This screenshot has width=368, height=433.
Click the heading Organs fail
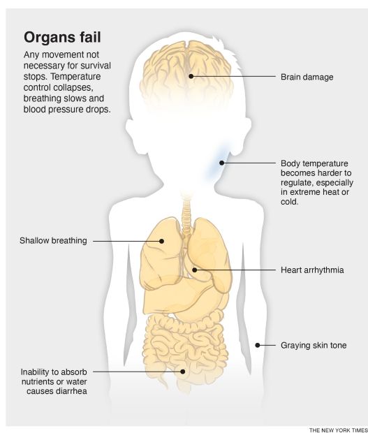click(62, 37)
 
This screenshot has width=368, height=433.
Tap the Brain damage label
click(307, 77)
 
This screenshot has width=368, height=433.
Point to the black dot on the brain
click(191, 76)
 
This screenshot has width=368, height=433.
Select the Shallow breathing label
click(53, 240)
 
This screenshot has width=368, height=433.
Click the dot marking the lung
click(161, 241)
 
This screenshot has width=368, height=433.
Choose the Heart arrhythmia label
click(312, 270)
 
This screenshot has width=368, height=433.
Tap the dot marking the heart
click(194, 270)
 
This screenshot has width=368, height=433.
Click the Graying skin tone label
click(314, 345)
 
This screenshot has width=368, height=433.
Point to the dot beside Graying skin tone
click(257, 345)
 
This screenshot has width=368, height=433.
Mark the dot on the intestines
click(182, 372)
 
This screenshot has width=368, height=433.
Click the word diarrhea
click(70, 391)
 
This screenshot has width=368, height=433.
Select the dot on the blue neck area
click(221, 163)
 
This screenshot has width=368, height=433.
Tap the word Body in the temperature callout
click(289, 163)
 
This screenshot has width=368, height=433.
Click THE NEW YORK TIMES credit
click(338, 430)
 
